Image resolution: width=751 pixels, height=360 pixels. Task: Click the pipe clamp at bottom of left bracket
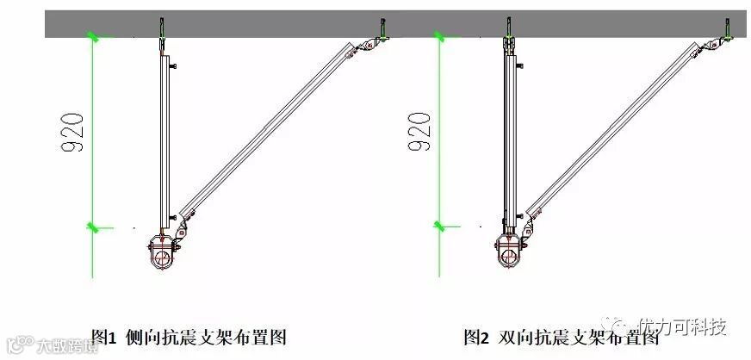point(160,254)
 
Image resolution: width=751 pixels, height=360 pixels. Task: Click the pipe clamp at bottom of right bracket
point(508,254)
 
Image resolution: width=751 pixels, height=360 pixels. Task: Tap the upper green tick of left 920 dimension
point(93,36)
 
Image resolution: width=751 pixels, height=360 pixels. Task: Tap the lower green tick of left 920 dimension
point(93,227)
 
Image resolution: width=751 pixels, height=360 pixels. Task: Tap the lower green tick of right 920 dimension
point(440,227)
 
